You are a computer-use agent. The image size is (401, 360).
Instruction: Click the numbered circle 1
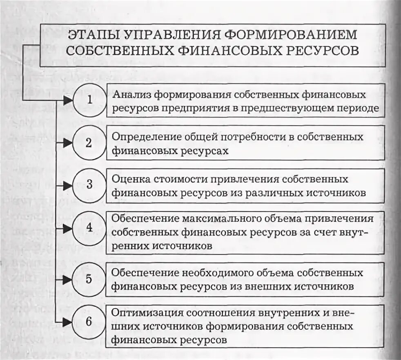click(89, 100)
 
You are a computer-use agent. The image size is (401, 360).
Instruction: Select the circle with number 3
click(89, 185)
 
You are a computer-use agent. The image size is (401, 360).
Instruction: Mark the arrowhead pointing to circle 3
click(68, 185)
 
